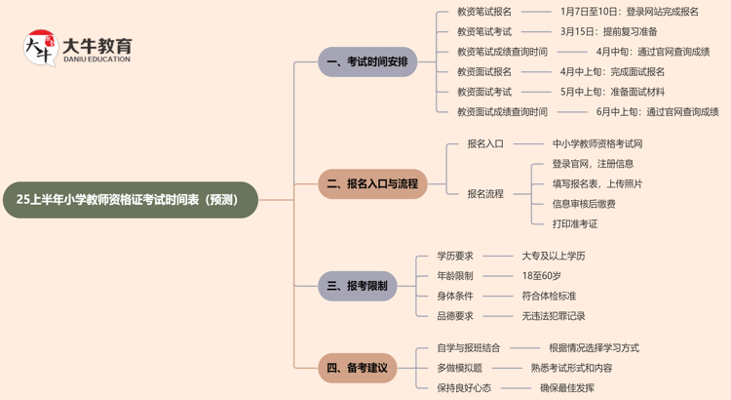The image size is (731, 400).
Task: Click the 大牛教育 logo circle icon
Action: (x=41, y=48)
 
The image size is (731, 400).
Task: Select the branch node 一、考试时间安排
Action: (x=366, y=61)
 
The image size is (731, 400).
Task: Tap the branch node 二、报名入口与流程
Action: (x=371, y=183)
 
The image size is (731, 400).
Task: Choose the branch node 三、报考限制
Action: (x=357, y=286)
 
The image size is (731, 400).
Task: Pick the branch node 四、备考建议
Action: (x=357, y=368)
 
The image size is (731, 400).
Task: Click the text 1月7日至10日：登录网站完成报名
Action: (x=629, y=12)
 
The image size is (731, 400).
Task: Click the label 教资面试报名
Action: (x=483, y=71)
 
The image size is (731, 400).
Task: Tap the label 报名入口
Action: (x=484, y=143)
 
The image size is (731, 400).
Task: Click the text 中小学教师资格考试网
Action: (x=597, y=143)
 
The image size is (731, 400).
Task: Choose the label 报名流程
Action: (x=484, y=193)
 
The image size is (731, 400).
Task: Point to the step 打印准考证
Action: (x=575, y=223)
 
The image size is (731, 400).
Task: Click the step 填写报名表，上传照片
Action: (x=596, y=183)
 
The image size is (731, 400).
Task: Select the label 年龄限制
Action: (x=454, y=275)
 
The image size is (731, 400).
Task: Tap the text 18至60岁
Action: (x=541, y=275)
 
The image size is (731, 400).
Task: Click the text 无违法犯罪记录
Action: (x=554, y=315)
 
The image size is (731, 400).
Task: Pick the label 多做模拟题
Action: (x=459, y=368)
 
